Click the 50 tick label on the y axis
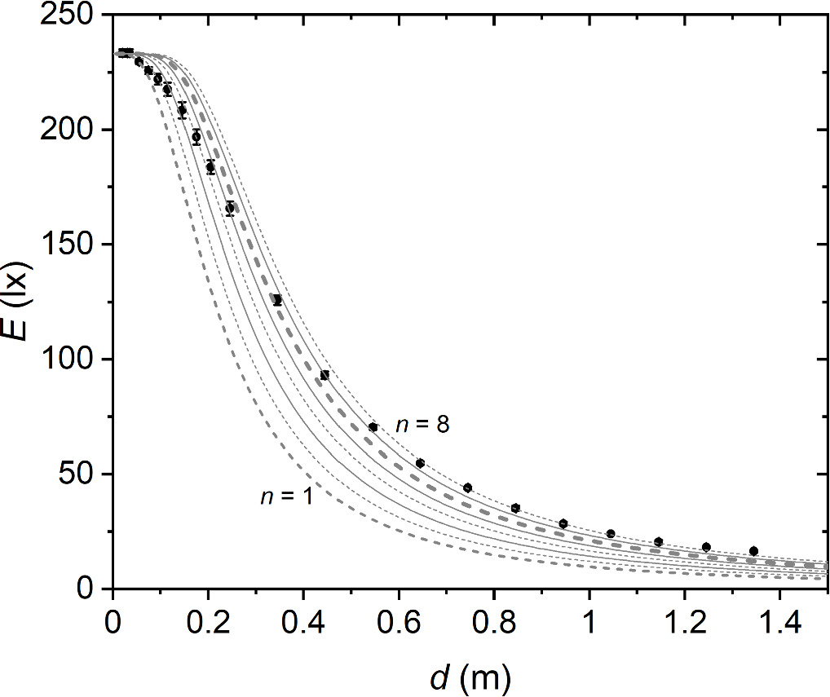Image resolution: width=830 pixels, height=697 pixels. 85,474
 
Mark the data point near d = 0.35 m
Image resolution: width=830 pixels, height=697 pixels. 277,300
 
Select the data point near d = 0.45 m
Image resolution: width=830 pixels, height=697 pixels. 324,375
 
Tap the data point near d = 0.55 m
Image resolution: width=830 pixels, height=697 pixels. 373,427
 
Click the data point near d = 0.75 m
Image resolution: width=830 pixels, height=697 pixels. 467,487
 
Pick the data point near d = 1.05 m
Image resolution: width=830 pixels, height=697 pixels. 611,534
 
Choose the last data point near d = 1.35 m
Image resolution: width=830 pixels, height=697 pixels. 753,551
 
